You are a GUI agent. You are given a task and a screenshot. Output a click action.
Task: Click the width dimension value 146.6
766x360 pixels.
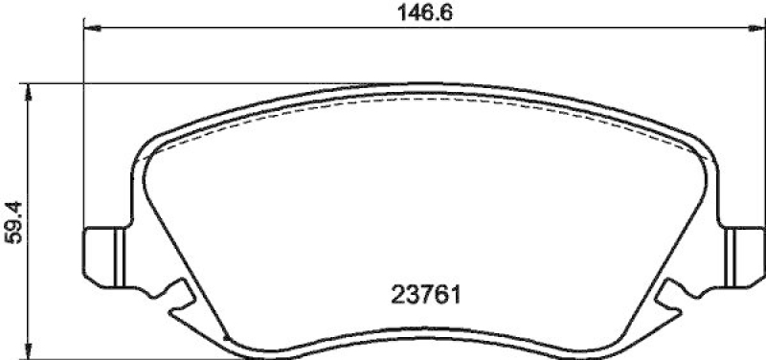[425, 13]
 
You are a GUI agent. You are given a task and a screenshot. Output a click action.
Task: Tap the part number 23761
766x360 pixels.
[426, 295]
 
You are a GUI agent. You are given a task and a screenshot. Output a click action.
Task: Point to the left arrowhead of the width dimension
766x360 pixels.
[92, 29]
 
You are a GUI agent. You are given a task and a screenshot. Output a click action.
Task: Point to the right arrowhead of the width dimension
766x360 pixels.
[757, 29]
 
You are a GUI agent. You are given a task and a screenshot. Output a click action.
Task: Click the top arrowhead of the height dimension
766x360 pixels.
[29, 92]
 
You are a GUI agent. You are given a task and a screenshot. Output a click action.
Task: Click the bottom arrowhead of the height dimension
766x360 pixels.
[29, 350]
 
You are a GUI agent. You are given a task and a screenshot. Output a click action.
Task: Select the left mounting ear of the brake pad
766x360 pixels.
[105, 258]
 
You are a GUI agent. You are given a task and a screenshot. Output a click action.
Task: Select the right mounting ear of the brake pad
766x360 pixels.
[743, 258]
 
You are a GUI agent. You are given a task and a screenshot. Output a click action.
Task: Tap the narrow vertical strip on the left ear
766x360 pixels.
[120, 258]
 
